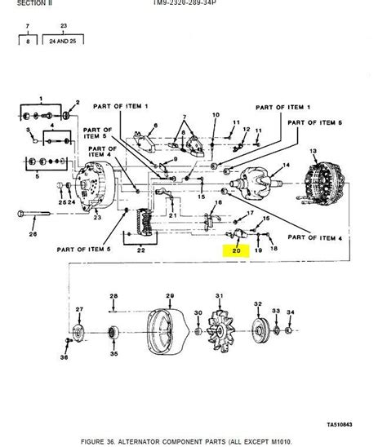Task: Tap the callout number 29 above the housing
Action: point(170,295)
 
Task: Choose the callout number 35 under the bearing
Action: point(114,354)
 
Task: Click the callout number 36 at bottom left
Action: point(64,356)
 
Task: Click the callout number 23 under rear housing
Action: point(96,219)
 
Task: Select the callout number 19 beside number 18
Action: point(259,251)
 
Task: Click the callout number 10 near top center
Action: point(216,115)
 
